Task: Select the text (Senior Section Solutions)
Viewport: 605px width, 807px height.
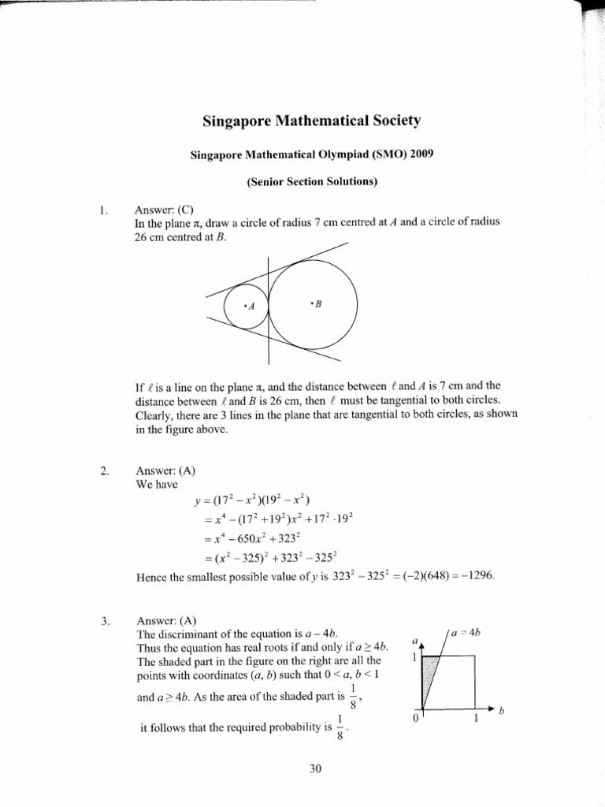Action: click(x=312, y=182)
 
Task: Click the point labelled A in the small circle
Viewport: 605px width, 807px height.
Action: click(x=251, y=307)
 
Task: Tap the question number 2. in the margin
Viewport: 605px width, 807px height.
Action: click(x=102, y=472)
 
